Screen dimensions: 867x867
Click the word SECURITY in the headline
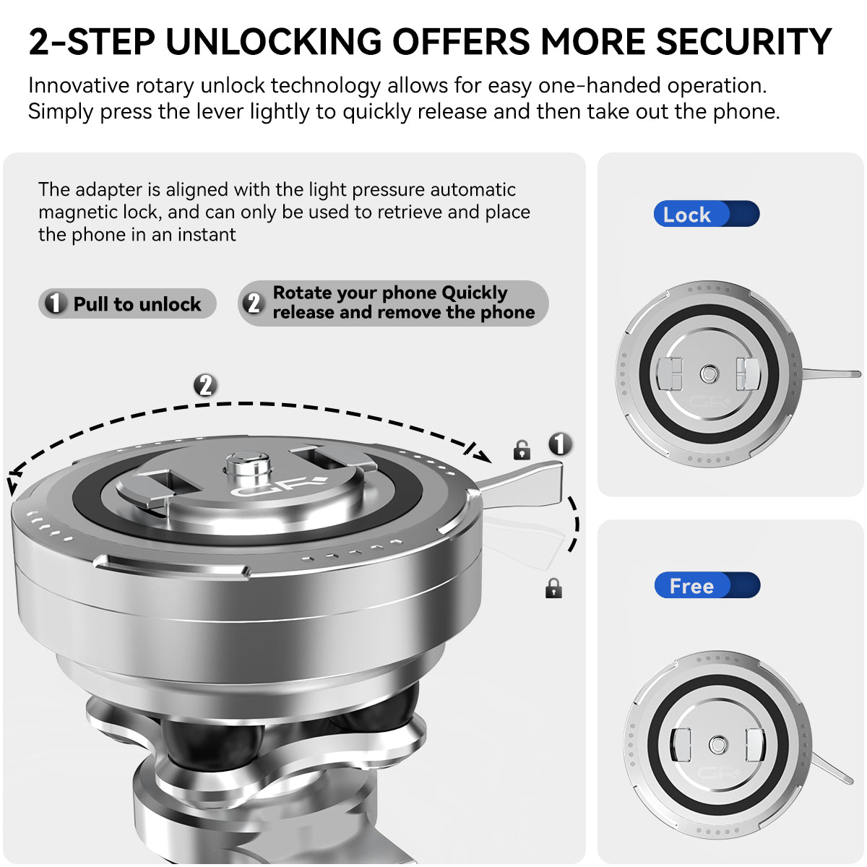point(743,41)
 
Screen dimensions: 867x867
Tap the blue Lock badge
point(706,214)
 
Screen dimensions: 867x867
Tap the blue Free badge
point(707,585)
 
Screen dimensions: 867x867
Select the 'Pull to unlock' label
point(127,303)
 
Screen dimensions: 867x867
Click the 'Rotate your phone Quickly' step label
point(393,303)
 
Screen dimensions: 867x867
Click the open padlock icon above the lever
point(522,450)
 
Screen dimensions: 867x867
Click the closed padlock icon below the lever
point(553,588)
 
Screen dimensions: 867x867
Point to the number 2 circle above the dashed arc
point(206,386)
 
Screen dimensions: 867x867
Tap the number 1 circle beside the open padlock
point(560,444)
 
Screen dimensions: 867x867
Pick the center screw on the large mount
point(248,465)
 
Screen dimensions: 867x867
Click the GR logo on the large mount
point(277,486)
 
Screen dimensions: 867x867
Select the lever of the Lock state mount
point(832,374)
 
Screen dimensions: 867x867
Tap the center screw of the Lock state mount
point(709,374)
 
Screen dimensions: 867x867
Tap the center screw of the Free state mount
point(717,745)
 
